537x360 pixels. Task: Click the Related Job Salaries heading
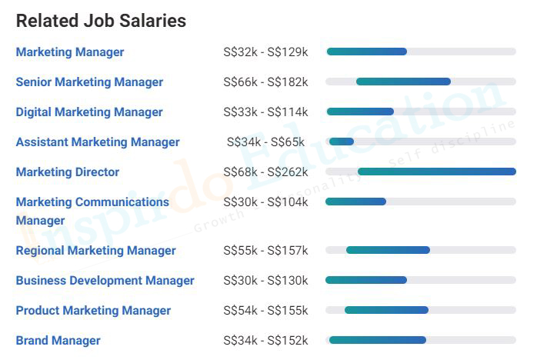point(101,21)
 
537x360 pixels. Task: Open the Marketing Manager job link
point(70,52)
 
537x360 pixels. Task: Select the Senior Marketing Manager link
point(89,82)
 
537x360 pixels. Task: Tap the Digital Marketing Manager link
point(89,112)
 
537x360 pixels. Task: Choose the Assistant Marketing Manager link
point(98,142)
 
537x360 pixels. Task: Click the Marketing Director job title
point(68,172)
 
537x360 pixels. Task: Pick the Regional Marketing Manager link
point(95,251)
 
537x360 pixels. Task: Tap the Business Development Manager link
point(105,281)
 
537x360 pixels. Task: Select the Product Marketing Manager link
point(93,311)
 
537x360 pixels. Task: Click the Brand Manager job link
point(58,341)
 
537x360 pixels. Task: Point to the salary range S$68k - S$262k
point(265,172)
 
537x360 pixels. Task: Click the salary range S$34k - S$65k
point(265,142)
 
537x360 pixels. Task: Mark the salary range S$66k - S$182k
point(265,82)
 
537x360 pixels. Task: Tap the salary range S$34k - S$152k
point(265,341)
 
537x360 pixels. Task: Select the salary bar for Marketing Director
point(436,172)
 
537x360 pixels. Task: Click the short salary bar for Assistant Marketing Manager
point(342,142)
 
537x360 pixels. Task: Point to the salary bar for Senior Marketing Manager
point(403,82)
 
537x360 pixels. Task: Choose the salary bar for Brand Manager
point(377,340)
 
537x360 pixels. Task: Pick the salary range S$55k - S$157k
point(265,251)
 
